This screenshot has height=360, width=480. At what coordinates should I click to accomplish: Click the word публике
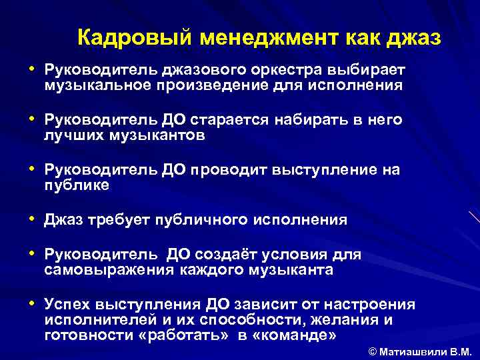77,185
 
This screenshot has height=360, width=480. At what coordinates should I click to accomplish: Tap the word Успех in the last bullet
69,305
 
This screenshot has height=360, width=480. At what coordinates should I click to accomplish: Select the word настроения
371,305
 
